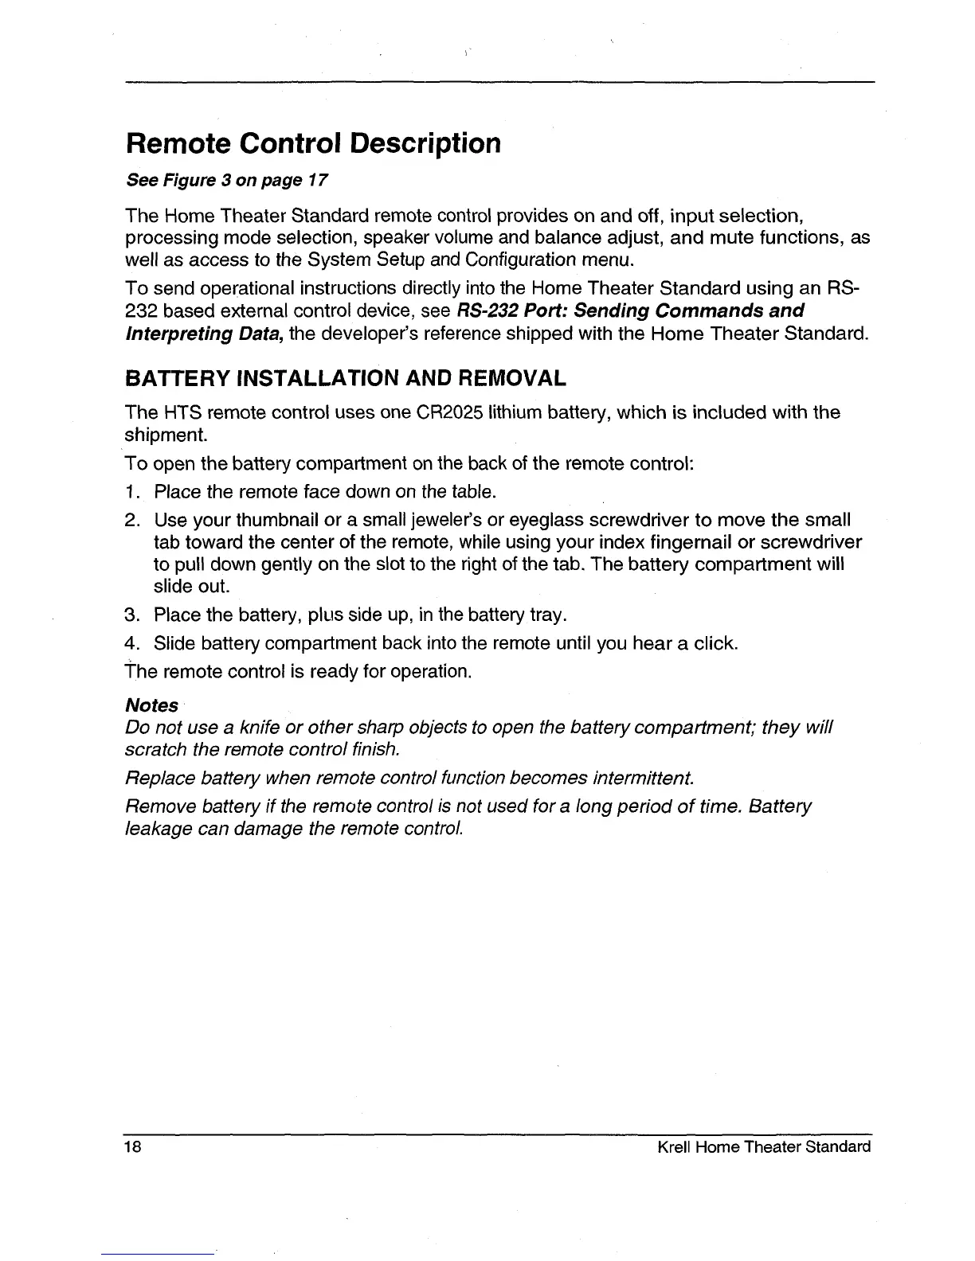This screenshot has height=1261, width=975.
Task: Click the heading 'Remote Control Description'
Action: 314,144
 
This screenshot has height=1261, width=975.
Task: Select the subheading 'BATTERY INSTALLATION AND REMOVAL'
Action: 346,377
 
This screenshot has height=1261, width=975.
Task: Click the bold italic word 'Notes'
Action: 152,705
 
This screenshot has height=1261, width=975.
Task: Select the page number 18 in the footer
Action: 132,1147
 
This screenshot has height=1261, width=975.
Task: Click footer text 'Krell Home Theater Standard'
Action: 763,1147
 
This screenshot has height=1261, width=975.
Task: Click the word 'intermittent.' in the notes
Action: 644,778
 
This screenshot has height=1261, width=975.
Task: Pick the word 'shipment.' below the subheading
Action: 166,435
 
